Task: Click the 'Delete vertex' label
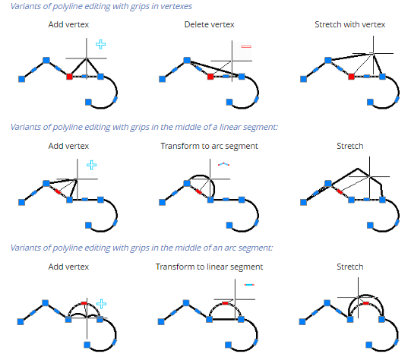coord(209,24)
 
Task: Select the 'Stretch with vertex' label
coord(350,24)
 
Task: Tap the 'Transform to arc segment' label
coord(209,146)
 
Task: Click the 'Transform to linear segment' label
coord(209,267)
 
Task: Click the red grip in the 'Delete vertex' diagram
coord(210,77)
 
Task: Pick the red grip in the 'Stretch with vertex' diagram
coord(351,77)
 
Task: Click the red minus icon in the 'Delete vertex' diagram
coord(246,46)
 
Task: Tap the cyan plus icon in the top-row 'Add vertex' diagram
coord(100,44)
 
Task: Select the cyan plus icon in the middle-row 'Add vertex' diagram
coord(91,165)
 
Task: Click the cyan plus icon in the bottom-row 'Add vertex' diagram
coord(102,304)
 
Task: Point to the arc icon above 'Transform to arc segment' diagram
coord(223,164)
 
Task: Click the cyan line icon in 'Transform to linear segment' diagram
coord(249,285)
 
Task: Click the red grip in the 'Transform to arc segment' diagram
coord(199,192)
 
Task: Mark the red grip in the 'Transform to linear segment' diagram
coord(225,303)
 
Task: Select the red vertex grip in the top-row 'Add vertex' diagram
coord(69,77)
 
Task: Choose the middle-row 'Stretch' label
coord(350,146)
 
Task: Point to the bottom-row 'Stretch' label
coord(350,267)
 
